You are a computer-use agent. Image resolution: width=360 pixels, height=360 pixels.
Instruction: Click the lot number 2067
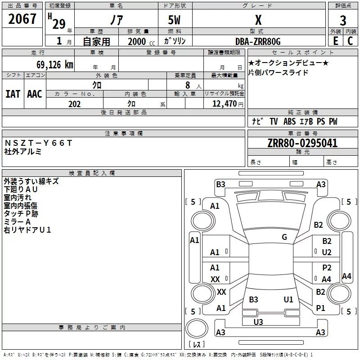point(22,19)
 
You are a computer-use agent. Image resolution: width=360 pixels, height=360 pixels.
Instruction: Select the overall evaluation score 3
point(343,21)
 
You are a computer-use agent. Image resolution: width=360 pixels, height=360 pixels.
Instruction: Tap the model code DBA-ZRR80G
point(258,41)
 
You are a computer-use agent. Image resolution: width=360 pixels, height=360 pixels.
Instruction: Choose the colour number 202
point(74,104)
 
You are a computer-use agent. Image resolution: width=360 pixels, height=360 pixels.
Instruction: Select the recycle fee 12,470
point(224,104)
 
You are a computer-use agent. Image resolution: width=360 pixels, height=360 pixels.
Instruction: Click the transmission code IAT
point(13,94)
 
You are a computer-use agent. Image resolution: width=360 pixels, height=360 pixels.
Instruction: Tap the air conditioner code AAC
point(34,94)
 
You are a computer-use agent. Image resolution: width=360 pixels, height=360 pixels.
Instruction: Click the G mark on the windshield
point(284,237)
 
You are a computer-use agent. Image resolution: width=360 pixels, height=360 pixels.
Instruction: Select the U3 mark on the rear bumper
point(258,322)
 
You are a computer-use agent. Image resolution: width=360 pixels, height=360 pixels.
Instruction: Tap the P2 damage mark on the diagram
point(327,268)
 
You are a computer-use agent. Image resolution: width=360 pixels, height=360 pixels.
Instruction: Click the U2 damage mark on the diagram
point(327,252)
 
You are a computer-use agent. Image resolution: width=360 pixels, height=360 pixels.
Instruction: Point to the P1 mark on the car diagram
point(320,308)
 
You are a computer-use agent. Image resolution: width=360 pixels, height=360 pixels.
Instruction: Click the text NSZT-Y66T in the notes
point(38,143)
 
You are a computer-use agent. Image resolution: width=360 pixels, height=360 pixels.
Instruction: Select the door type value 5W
point(175,21)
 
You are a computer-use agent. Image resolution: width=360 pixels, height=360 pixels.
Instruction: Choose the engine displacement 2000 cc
point(139,41)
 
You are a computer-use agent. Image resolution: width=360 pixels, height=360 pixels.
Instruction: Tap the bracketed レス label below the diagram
point(196,345)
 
